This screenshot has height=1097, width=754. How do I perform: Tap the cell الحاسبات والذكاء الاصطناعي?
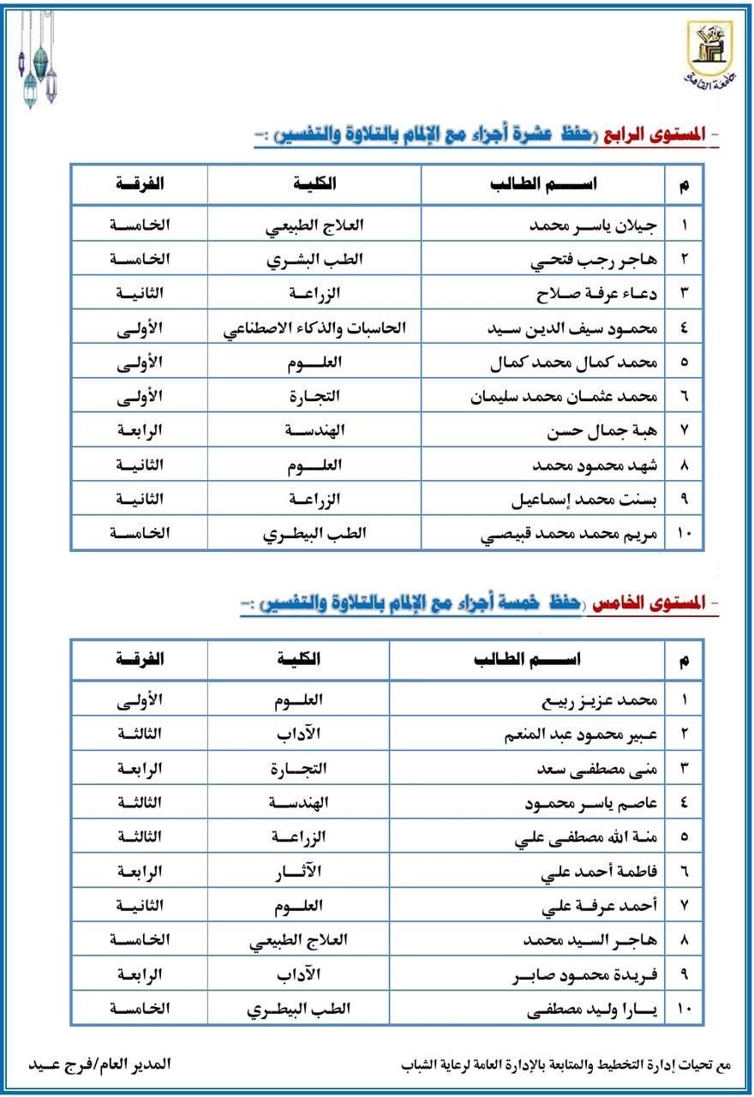(314, 327)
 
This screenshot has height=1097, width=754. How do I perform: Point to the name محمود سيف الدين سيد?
(583, 327)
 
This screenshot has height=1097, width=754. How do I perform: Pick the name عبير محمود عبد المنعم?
(582, 734)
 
